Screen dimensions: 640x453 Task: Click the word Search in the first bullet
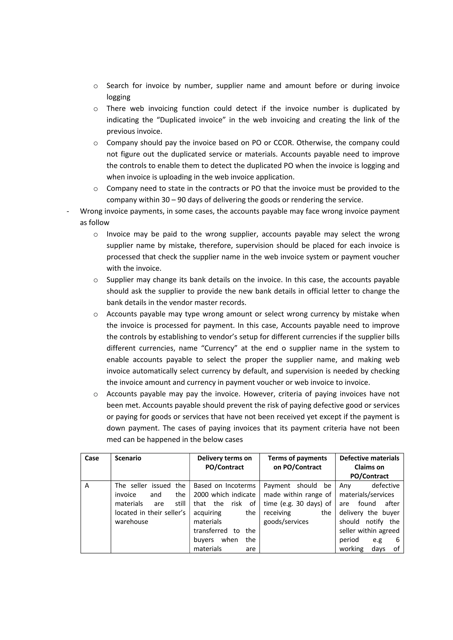click(117, 85)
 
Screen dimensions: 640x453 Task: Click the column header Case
click(92, 458)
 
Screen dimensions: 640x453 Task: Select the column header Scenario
click(128, 458)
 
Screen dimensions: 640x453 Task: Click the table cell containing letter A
click(87, 486)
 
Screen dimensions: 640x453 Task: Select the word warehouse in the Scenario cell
click(131, 522)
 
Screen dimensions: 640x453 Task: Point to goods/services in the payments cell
click(286, 522)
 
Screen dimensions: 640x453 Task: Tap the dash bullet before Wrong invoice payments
click(68, 211)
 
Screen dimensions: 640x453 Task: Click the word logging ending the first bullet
click(118, 97)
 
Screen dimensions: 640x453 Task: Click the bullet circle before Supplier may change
click(96, 280)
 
